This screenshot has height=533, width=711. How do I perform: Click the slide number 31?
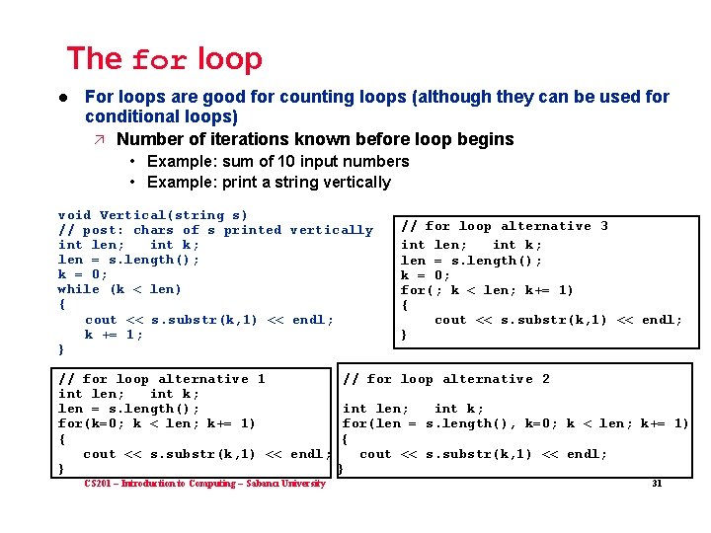tap(656, 484)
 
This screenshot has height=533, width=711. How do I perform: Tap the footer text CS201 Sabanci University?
tap(204, 484)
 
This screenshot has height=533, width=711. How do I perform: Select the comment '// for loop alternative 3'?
tap(504, 226)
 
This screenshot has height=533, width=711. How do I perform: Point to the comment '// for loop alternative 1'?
tap(161, 379)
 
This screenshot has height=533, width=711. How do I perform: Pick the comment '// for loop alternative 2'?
tap(445, 379)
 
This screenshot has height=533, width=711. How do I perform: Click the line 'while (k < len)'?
tap(119, 289)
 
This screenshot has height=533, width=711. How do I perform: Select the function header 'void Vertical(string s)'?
tap(153, 215)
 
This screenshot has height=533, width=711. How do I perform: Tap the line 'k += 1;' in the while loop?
tap(114, 335)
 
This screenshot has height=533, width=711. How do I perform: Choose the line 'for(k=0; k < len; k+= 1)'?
tap(157, 423)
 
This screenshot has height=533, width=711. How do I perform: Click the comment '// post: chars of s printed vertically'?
tap(215, 230)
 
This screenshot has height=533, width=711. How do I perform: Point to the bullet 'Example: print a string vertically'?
tap(269, 182)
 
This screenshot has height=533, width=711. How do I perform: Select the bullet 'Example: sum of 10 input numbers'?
tap(277, 161)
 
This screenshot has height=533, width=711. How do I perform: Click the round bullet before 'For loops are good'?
tap(61, 98)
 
